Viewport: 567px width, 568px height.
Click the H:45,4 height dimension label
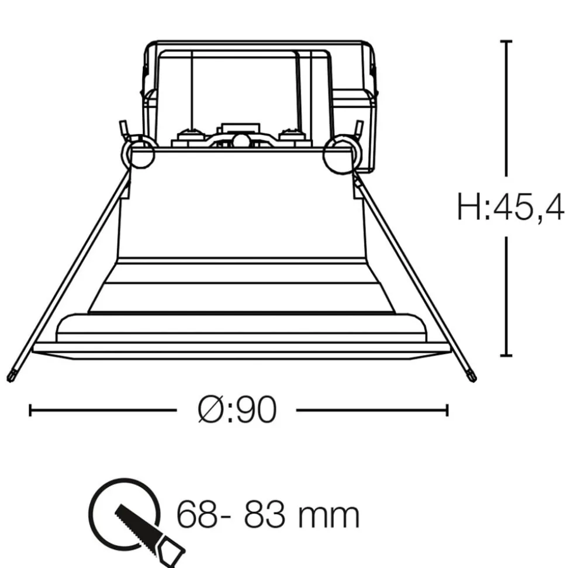point(510,208)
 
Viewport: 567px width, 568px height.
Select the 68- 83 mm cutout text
point(268,515)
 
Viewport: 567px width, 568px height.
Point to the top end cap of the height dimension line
point(506,42)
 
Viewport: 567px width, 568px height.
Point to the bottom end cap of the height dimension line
point(506,355)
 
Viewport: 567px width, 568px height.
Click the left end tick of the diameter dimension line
point(30,411)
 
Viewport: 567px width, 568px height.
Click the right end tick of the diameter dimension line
point(448,411)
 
